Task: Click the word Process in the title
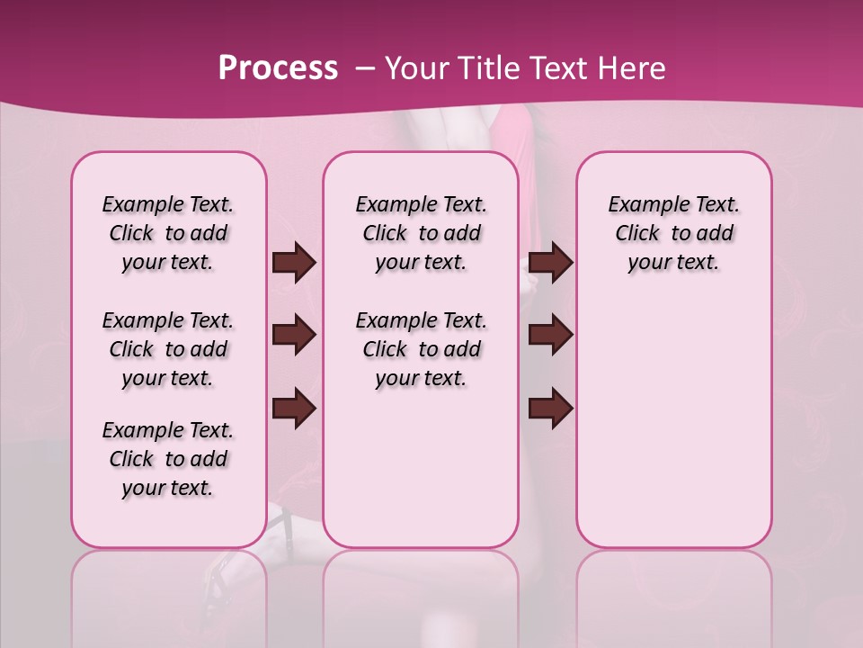pyautogui.click(x=278, y=68)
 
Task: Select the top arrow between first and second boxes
pyautogui.click(x=294, y=263)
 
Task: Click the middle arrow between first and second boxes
pyautogui.click(x=294, y=335)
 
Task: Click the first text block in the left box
pyautogui.click(x=168, y=234)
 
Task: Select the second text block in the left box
pyautogui.click(x=168, y=349)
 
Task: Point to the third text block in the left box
pyautogui.click(x=168, y=459)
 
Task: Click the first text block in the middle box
pyautogui.click(x=421, y=234)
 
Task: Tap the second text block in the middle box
pyautogui.click(x=421, y=349)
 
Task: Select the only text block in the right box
pyautogui.click(x=673, y=234)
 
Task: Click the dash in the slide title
pyautogui.click(x=365, y=69)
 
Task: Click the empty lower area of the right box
pyautogui.click(x=673, y=423)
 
